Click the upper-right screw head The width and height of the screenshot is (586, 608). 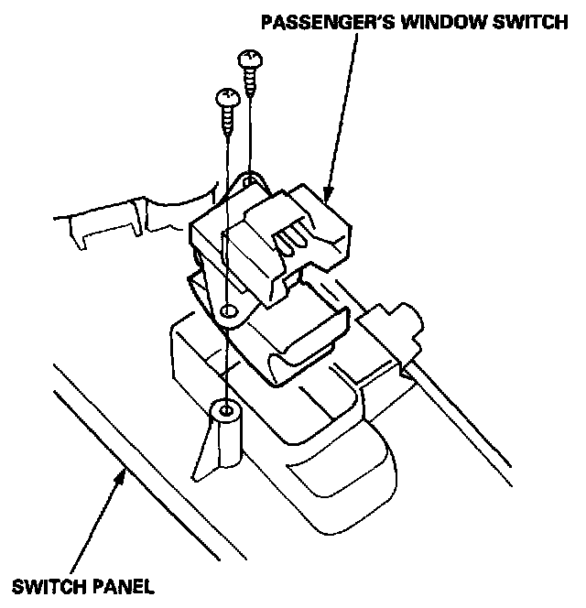pyautogui.click(x=249, y=61)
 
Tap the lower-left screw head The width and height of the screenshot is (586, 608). pyautogui.click(x=225, y=95)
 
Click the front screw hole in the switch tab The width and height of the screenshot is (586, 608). pyautogui.click(x=227, y=313)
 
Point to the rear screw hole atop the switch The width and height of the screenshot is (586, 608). pyautogui.click(x=246, y=183)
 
